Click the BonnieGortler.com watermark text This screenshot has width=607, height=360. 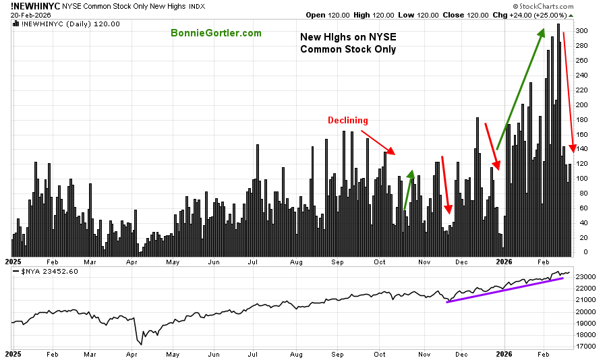pyautogui.click(x=216, y=33)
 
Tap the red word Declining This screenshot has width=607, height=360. pyautogui.click(x=348, y=121)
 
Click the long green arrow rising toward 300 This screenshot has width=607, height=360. pyautogui.click(x=520, y=89)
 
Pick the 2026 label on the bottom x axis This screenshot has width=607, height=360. pyautogui.click(x=505, y=353)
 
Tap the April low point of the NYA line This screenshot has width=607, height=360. pyautogui.click(x=140, y=343)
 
